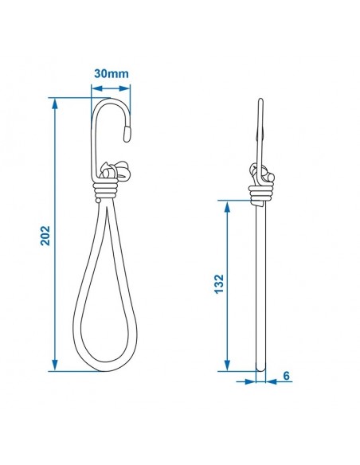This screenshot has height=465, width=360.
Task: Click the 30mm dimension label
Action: coord(111,73)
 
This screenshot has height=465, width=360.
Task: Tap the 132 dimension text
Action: coord(218,284)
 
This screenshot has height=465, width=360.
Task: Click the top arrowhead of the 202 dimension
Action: coord(55,103)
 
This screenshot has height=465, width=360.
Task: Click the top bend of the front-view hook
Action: coord(112,101)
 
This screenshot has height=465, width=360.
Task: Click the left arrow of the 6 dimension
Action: coord(249,381)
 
